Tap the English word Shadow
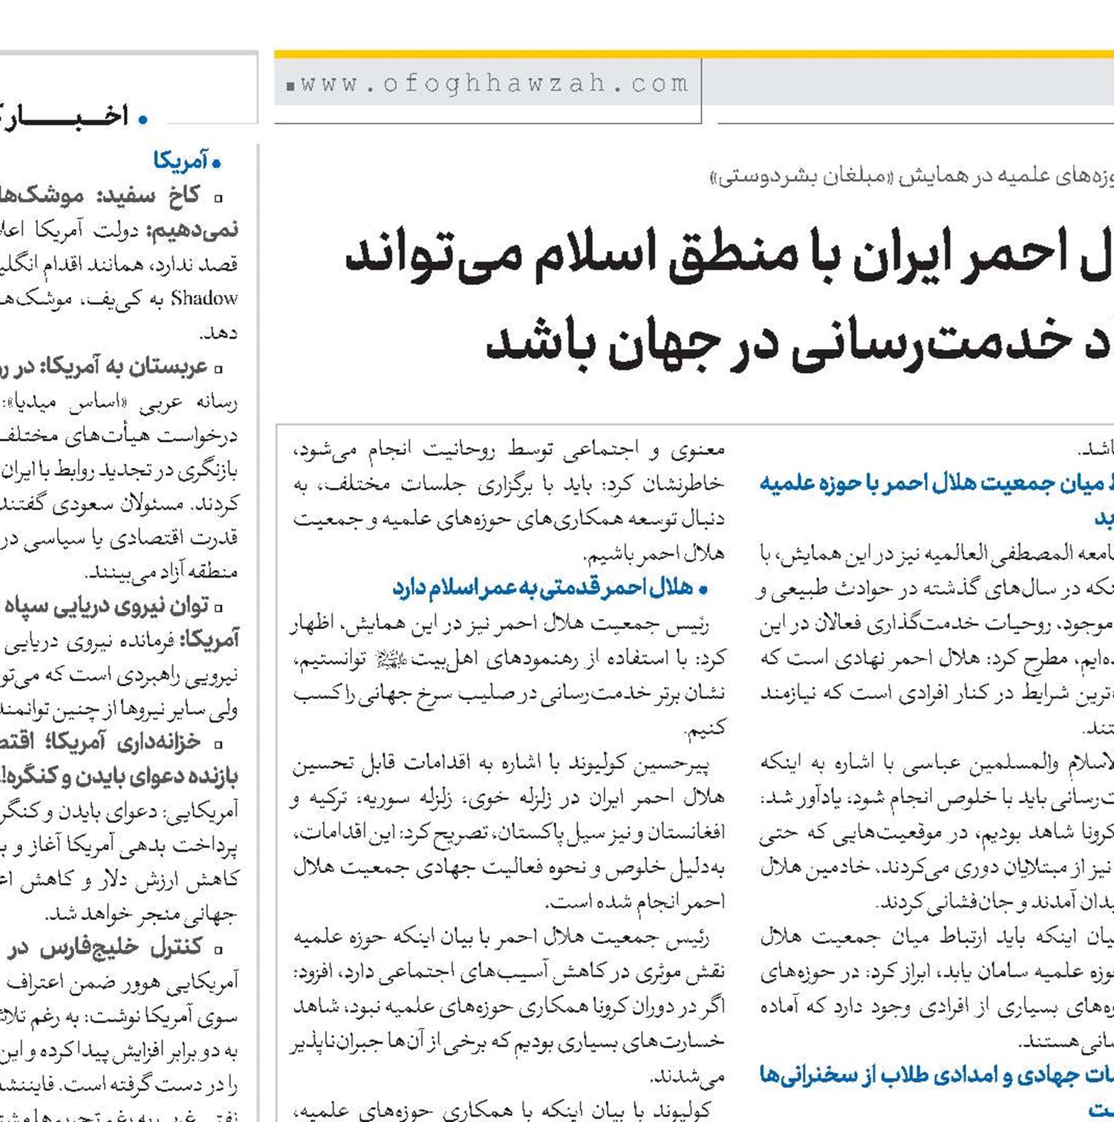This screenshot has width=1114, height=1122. point(204,299)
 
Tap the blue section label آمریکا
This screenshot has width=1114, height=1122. point(180,160)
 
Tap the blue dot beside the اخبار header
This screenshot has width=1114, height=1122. point(143,118)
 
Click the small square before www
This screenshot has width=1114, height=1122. point(290,86)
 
